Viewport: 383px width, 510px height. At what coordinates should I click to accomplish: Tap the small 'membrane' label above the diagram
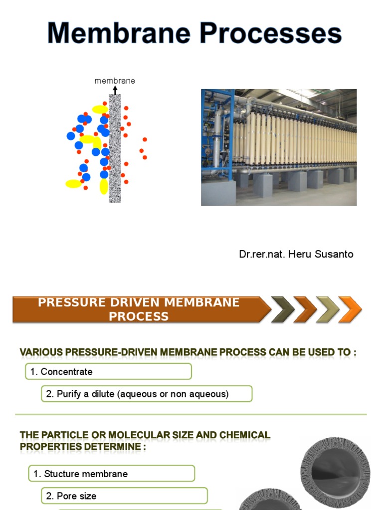coord(115,81)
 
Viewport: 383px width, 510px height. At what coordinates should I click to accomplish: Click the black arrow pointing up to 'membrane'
coord(115,90)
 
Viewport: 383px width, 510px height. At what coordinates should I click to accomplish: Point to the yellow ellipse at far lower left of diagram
coord(74,184)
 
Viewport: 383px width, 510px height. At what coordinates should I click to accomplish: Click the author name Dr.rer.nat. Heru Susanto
coord(296,254)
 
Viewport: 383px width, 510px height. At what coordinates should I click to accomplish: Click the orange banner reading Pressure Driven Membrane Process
coord(139,309)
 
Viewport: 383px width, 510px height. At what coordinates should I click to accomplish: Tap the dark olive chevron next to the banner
coord(282,309)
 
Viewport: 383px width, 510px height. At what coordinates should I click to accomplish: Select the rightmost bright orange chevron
coord(350,309)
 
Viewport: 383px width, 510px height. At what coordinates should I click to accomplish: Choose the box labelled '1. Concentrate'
coord(109,372)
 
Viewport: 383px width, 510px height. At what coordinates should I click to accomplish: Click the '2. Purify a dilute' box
coord(147,394)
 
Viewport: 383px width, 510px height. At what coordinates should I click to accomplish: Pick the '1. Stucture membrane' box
coord(111,474)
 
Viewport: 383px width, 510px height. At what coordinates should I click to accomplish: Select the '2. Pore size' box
coord(124,496)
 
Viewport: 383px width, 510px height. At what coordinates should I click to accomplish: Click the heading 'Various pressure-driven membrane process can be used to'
coord(188,353)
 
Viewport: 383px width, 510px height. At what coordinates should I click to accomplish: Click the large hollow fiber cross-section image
coord(335,472)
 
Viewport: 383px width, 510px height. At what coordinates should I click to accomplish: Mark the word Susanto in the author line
coord(336,254)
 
